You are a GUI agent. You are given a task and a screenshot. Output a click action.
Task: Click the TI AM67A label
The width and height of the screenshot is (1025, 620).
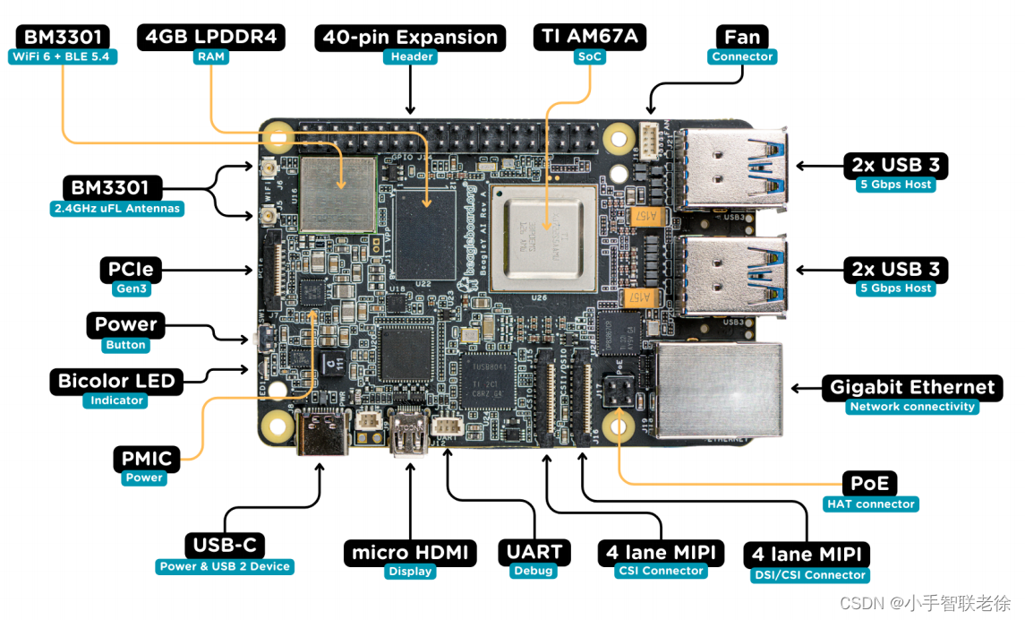(589, 37)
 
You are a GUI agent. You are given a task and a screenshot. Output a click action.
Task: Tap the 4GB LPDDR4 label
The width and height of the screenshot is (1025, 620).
(211, 37)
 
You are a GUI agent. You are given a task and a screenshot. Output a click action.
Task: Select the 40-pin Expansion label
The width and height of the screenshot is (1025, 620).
(410, 37)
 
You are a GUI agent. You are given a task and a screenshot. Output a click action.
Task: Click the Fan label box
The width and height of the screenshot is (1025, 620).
(742, 37)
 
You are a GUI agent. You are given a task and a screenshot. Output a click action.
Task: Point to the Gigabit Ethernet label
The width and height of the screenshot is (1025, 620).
(912, 387)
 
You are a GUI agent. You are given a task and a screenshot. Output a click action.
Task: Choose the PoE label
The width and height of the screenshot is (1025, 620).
(869, 484)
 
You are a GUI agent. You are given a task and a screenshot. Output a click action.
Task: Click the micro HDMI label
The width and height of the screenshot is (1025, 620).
(410, 552)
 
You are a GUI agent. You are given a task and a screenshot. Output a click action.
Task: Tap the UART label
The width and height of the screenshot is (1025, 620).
(534, 552)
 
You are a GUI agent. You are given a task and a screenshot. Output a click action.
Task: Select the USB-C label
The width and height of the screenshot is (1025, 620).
(225, 545)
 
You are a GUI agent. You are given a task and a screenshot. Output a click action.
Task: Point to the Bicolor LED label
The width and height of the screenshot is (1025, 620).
(117, 381)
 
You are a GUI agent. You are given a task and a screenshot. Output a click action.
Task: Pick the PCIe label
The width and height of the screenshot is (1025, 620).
(131, 269)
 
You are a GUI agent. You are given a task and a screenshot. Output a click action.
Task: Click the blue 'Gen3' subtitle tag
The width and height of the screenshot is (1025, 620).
(131, 289)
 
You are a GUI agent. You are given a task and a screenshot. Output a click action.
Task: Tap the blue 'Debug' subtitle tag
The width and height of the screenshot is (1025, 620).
(534, 571)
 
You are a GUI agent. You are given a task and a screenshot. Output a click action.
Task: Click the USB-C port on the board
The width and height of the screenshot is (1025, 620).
(321, 431)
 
